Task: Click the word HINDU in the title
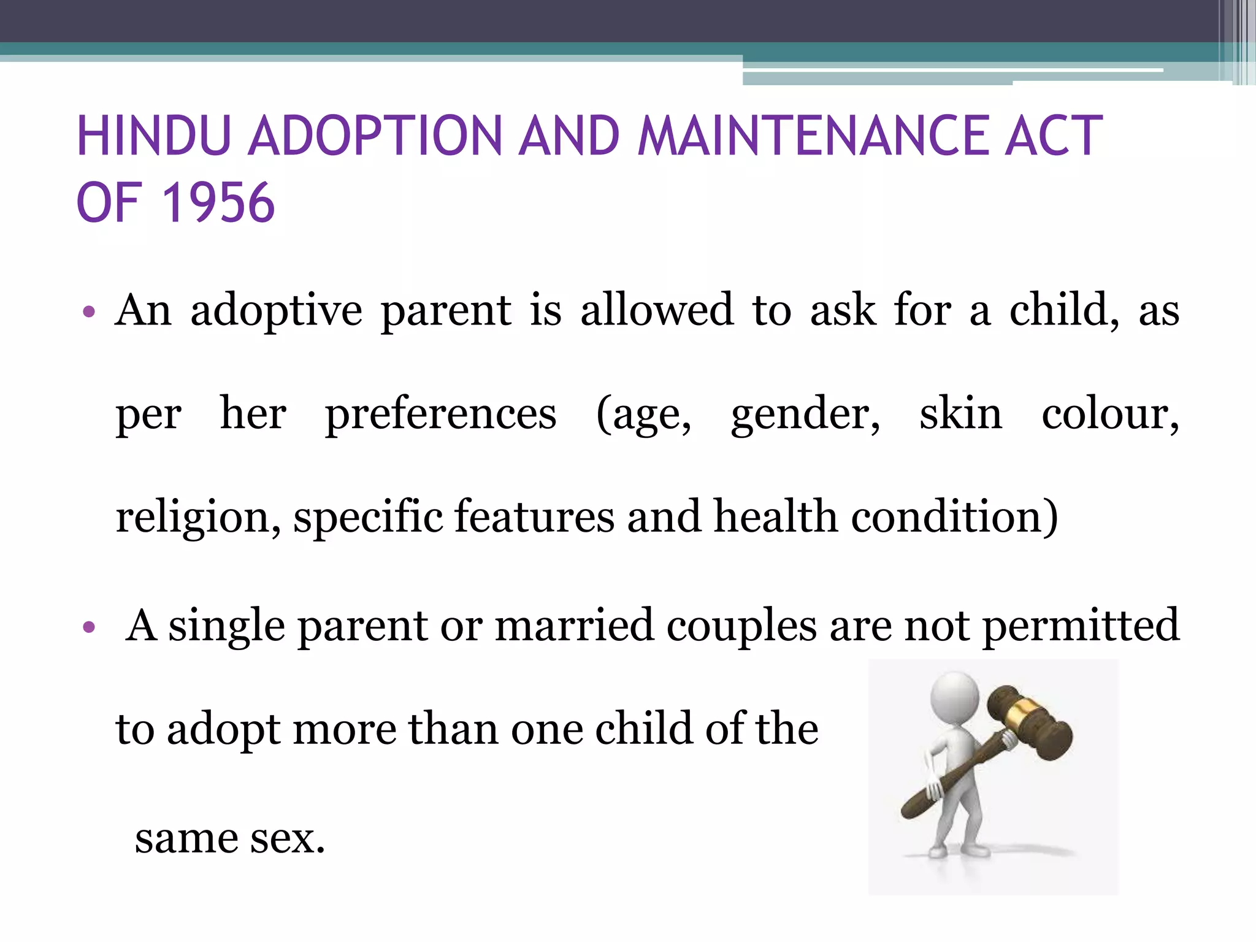[x=154, y=136]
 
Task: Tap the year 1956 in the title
[x=218, y=203]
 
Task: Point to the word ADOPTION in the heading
[x=375, y=136]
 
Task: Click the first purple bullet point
[x=89, y=312]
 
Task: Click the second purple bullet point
[x=89, y=627]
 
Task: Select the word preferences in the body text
[x=440, y=415]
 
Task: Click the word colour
[x=1109, y=415]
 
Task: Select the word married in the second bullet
[x=574, y=626]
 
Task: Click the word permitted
[x=1081, y=626]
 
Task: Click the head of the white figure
[x=954, y=697]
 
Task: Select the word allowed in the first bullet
[x=657, y=310]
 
